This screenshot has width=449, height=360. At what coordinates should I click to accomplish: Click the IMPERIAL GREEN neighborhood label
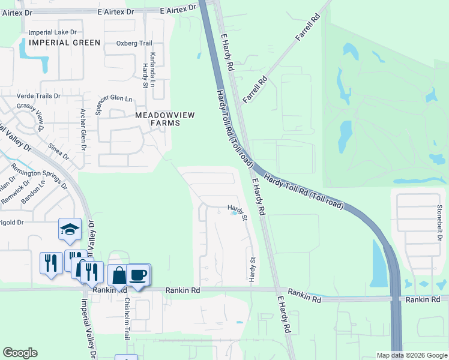[x=64, y=43]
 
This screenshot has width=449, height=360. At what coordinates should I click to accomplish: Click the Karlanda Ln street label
[x=152, y=67]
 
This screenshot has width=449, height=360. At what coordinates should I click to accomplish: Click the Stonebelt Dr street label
[x=440, y=221]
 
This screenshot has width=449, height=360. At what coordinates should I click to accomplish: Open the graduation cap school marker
[x=70, y=229]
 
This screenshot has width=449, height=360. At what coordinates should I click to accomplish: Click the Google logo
[x=20, y=352]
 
